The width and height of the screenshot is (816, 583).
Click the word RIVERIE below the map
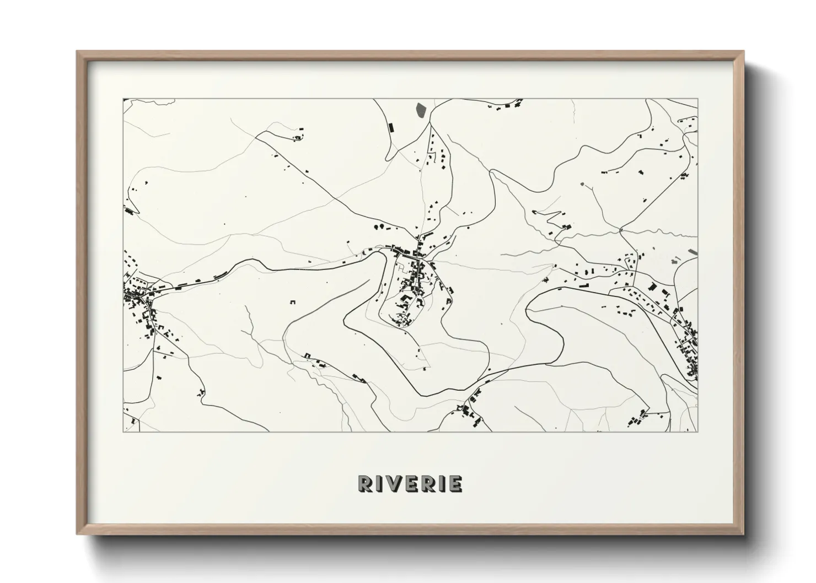(x=410, y=483)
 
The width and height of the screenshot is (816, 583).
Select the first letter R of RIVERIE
(x=366, y=483)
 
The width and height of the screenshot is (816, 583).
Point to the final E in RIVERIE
(x=455, y=483)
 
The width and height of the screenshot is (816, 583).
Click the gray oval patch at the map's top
(x=421, y=110)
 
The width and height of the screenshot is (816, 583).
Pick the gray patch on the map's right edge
(x=692, y=252)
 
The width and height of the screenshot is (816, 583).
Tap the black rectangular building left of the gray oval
(x=391, y=128)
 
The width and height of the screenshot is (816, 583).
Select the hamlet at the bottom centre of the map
(x=470, y=411)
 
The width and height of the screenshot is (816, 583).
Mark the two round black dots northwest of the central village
(x=380, y=226)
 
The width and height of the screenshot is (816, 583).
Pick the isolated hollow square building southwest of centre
(x=292, y=301)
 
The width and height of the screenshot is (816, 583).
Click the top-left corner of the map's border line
(x=123, y=99)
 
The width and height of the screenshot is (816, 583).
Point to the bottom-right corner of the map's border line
(x=698, y=431)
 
